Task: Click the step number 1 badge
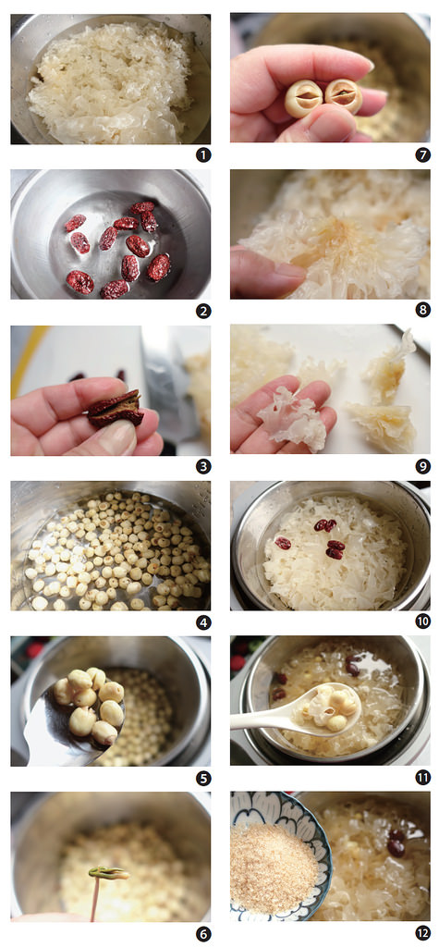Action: coord(202,155)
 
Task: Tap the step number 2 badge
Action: coord(202,312)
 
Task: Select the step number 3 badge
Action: coord(202,467)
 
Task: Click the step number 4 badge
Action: coord(202,622)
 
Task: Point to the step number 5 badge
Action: coord(202,778)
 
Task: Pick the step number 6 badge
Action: coord(202,933)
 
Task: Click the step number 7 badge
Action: coord(422,155)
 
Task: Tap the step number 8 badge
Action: coord(422,312)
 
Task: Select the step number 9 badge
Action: coord(422,467)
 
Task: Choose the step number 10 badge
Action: coord(422,622)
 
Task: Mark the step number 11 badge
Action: coord(422,778)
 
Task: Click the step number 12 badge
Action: coord(422,933)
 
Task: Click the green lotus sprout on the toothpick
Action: coord(107,872)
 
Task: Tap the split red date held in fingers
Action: coord(115,408)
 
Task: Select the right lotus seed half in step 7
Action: coord(343,95)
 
